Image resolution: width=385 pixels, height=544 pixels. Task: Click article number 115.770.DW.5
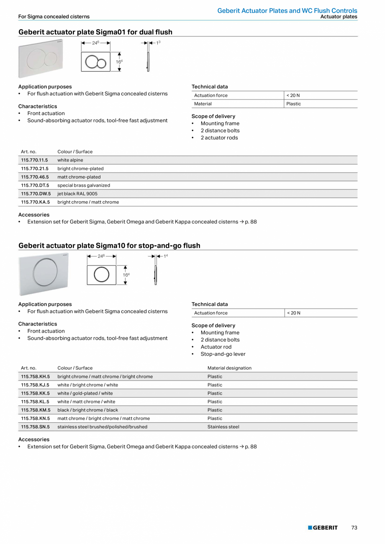[35, 194]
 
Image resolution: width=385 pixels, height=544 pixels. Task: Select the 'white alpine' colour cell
[70, 160]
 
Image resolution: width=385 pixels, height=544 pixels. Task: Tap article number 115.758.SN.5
[35, 427]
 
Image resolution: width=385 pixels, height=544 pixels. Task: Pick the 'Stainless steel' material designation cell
[223, 427]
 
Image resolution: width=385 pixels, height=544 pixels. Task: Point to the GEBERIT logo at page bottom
[323, 528]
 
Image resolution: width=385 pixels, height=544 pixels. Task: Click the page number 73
[354, 528]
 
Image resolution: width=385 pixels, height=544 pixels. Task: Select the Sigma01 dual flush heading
[95, 32]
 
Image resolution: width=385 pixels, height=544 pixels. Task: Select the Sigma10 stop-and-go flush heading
[109, 246]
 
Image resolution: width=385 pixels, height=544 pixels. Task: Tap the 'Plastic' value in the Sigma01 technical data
[293, 104]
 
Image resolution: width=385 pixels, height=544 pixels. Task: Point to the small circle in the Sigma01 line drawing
[102, 63]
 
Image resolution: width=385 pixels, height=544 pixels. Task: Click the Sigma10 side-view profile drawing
[156, 275]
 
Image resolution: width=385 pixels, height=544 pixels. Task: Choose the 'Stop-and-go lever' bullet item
[223, 354]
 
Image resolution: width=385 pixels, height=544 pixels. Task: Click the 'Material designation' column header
[229, 368]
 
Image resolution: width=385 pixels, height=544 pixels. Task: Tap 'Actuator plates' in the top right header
[339, 17]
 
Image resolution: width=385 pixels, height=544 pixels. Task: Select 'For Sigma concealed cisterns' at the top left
[54, 17]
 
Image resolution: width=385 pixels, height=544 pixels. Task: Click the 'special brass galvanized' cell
[84, 185]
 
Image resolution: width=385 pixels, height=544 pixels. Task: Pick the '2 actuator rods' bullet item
[219, 138]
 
